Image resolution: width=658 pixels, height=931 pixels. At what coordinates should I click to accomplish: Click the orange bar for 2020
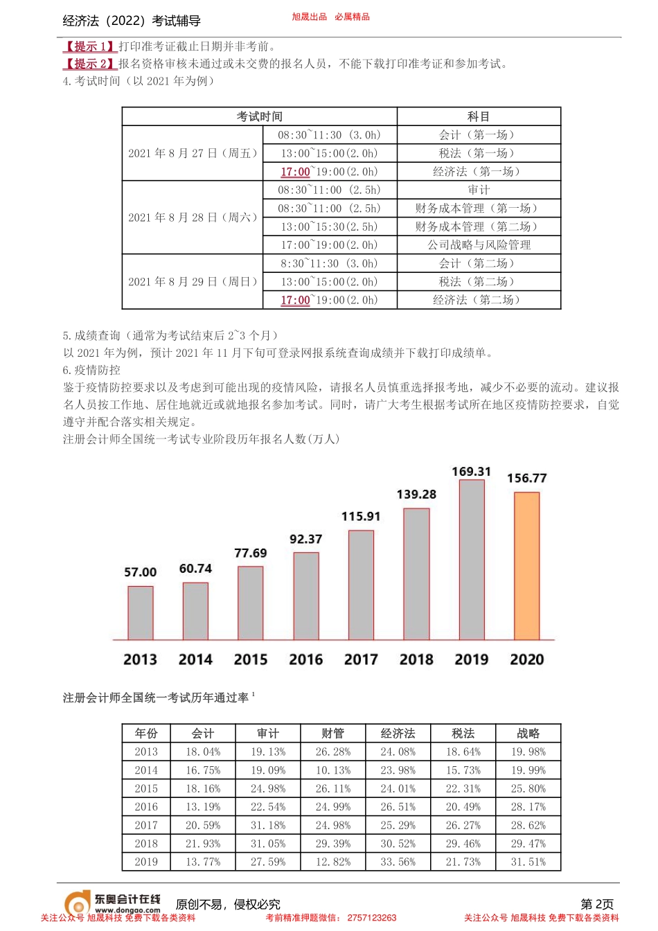(526, 566)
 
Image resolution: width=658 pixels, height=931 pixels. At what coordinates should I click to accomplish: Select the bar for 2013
(141, 613)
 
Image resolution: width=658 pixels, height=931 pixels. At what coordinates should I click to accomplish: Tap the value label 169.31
(471, 472)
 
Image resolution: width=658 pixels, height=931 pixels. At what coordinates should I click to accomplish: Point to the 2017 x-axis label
(361, 659)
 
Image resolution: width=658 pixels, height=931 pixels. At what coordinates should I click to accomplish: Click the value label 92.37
(305, 539)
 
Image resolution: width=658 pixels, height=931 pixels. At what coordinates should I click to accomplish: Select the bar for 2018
(416, 574)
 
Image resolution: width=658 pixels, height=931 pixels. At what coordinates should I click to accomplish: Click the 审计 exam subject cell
(479, 190)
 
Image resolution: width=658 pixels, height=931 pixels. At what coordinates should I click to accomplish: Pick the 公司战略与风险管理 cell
(479, 245)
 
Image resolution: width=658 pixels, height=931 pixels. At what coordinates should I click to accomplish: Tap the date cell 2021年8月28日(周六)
(193, 218)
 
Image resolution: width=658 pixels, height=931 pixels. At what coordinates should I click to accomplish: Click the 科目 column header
(479, 116)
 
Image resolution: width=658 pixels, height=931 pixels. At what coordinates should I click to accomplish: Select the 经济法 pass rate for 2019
(398, 862)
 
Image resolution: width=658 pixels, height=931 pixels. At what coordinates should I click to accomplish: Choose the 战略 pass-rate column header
(528, 733)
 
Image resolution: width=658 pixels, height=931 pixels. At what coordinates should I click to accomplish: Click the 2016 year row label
(146, 807)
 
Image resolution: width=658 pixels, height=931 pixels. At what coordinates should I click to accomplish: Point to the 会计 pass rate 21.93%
(203, 844)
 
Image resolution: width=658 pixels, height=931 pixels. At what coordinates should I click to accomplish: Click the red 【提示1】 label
(89, 46)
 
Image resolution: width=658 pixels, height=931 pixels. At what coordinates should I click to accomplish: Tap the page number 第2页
(596, 904)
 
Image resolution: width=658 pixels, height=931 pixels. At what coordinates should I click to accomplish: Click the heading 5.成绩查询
(91, 335)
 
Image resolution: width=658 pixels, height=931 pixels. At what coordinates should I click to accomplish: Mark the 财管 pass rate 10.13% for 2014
(332, 770)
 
